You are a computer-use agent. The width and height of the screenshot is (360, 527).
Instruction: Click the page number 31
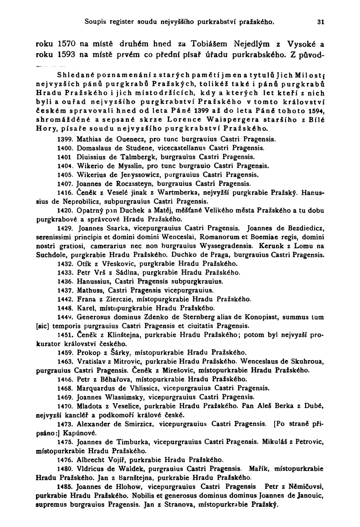coord(320,22)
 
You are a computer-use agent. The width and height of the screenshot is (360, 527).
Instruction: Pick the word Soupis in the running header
coord(94,22)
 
